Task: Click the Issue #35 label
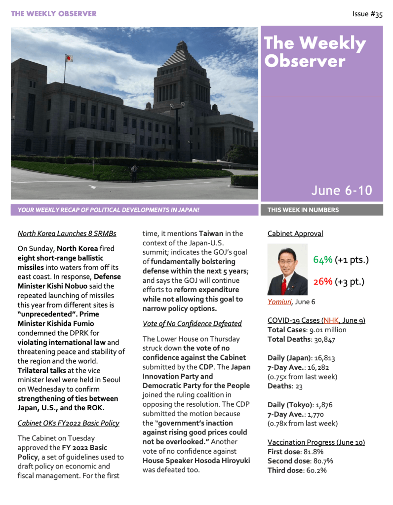click(367, 14)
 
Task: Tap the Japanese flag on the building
click(69, 58)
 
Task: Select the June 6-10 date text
click(341, 191)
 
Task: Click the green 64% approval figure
click(322, 260)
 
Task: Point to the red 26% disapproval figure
click(322, 281)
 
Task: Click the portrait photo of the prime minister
click(287, 270)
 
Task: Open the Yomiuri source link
click(278, 302)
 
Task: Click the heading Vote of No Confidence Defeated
click(192, 324)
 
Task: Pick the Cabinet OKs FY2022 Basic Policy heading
click(68, 423)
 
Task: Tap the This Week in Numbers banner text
click(303, 210)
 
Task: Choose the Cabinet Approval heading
click(295, 233)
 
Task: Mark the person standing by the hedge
click(133, 173)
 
